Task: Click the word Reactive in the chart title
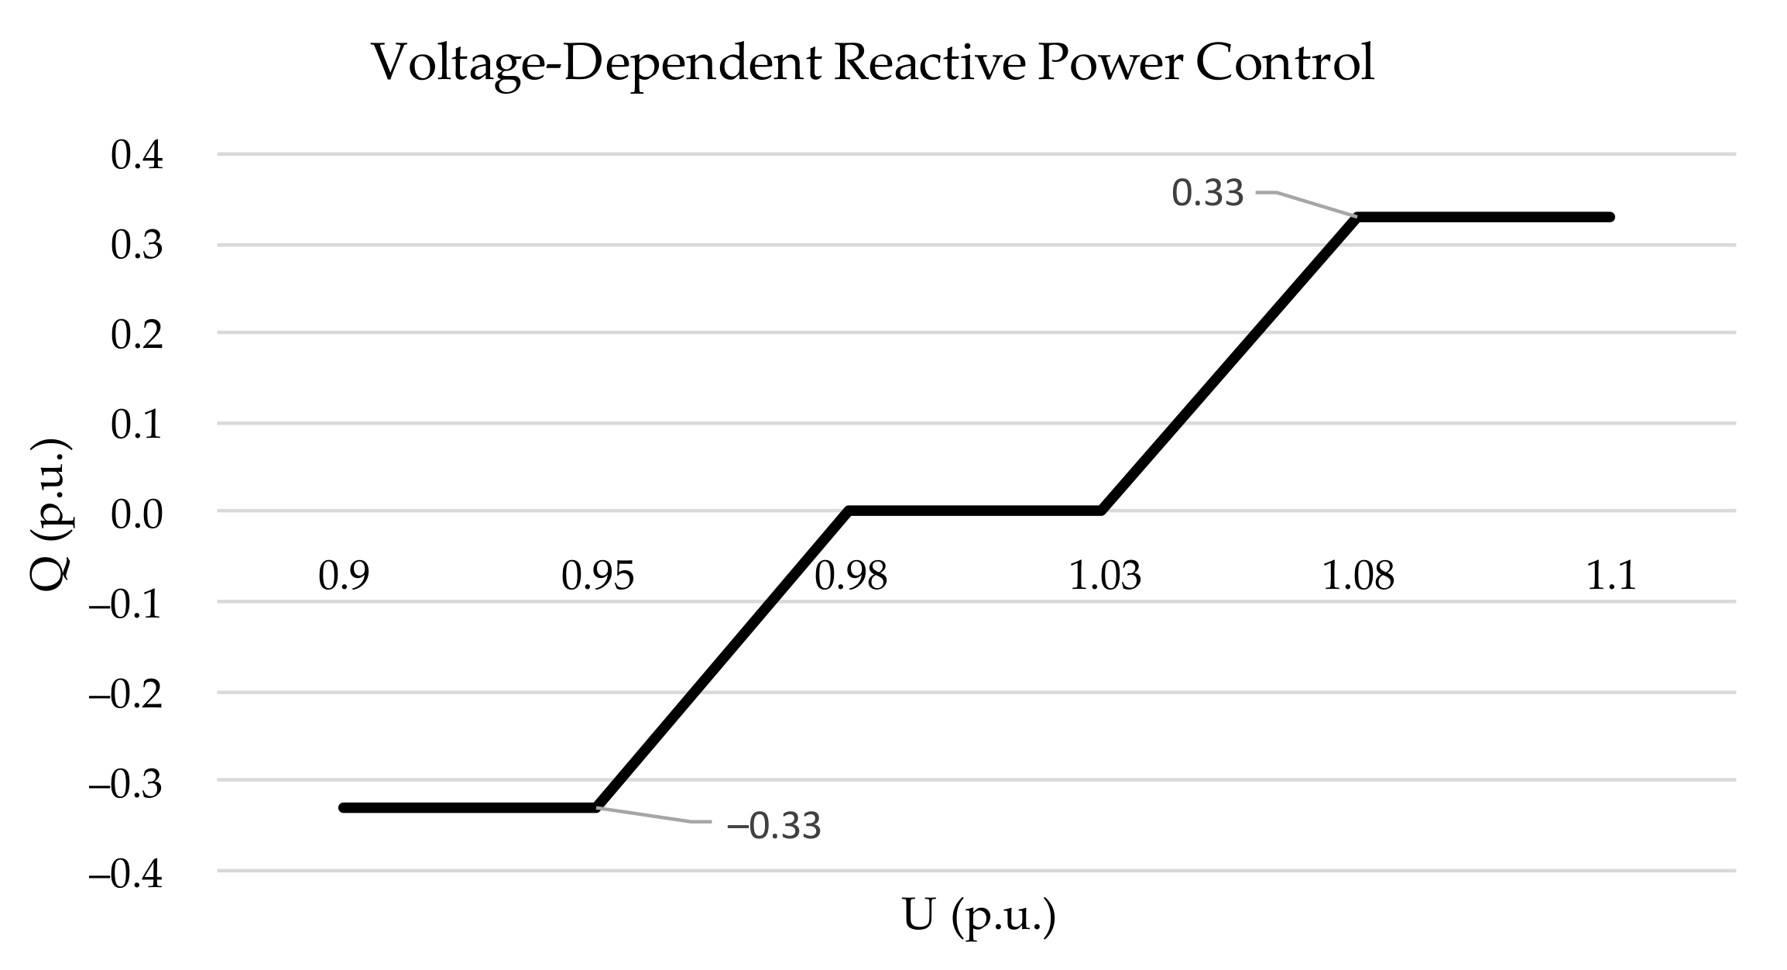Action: point(928,62)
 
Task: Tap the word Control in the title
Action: point(1285,62)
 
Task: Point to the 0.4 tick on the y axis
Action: point(137,156)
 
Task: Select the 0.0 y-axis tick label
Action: point(137,514)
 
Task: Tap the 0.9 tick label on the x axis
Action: point(344,576)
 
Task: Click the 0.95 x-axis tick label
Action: point(597,576)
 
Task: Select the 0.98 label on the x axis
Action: point(850,576)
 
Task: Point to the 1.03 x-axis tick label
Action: point(1105,576)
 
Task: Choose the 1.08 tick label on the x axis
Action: point(1357,576)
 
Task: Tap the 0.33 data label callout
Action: point(1207,193)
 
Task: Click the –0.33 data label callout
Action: point(773,826)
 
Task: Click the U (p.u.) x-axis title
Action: point(979,916)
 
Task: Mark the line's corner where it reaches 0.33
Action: point(1357,218)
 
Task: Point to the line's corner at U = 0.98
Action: point(850,511)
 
